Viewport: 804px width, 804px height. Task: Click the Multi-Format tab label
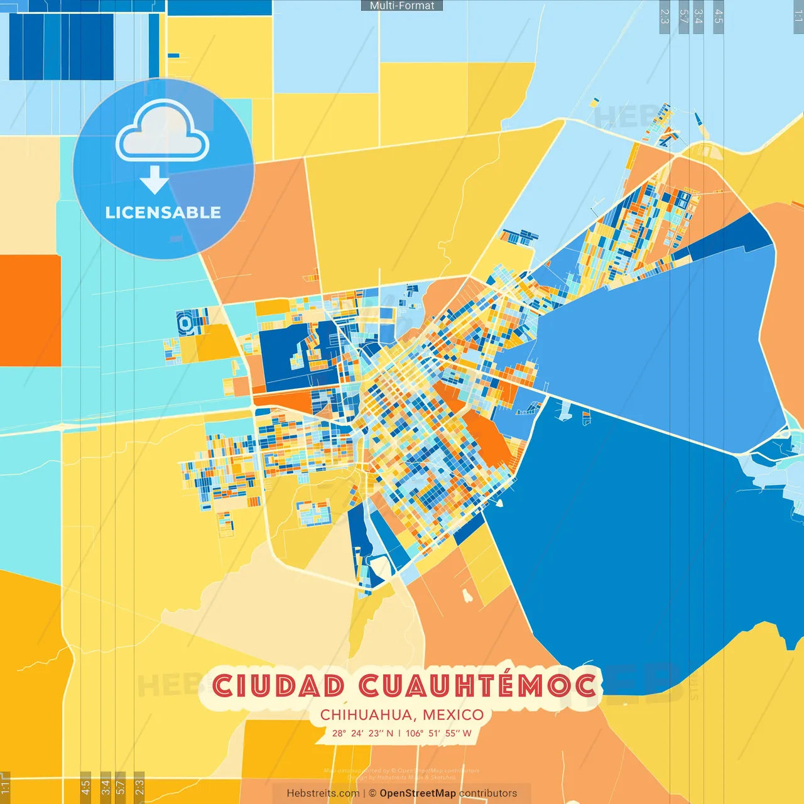click(x=402, y=6)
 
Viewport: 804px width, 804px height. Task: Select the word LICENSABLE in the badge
click(x=163, y=212)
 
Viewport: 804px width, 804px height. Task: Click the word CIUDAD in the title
click(x=279, y=686)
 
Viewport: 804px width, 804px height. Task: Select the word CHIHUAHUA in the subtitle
click(x=367, y=715)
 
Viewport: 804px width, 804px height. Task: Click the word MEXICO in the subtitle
click(x=454, y=715)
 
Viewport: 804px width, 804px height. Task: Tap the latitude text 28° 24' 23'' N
click(x=362, y=733)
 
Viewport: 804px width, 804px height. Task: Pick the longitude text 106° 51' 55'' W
click(x=438, y=733)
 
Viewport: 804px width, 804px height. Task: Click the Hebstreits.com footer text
click(x=323, y=793)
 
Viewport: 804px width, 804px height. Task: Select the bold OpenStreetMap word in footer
click(x=418, y=793)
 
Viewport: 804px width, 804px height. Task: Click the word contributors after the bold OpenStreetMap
click(x=488, y=793)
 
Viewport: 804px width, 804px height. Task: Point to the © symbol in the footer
click(x=372, y=793)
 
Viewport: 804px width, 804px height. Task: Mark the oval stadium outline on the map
click(x=185, y=323)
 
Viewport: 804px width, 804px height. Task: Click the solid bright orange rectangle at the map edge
click(x=30, y=310)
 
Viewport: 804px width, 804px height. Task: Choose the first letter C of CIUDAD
click(x=224, y=686)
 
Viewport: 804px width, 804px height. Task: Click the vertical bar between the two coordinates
click(x=399, y=733)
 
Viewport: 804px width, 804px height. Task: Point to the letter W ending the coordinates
click(x=467, y=733)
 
